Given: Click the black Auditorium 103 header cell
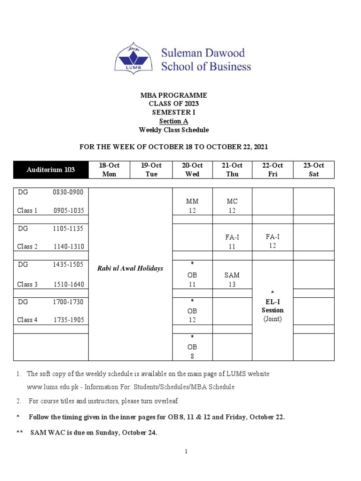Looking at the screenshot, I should pyautogui.click(x=51, y=170).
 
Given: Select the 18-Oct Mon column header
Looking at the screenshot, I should pyautogui.click(x=109, y=170).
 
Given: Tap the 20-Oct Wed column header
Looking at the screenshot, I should pyautogui.click(x=193, y=170).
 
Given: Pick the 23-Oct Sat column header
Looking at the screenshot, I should pyautogui.click(x=314, y=170).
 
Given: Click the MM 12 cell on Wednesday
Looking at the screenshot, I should pyautogui.click(x=193, y=206).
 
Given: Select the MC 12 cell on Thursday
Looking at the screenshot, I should pyautogui.click(x=232, y=206).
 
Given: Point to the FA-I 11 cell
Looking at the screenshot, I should pyautogui.click(x=232, y=241).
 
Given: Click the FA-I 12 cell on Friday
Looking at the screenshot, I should pyautogui.click(x=272, y=241).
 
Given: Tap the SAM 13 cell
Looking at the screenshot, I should pyautogui.click(x=232, y=279).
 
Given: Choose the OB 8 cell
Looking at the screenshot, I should pyautogui.click(x=192, y=347).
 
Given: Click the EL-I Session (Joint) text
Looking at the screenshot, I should pyautogui.click(x=273, y=310).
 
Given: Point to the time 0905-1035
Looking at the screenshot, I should pyautogui.click(x=69, y=210).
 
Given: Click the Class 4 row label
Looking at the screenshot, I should pyautogui.click(x=27, y=320).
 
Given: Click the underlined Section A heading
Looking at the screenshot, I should pyautogui.click(x=173, y=121).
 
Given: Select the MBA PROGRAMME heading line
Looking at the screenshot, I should pyautogui.click(x=173, y=95).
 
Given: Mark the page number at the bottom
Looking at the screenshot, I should pyautogui.click(x=186, y=451).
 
